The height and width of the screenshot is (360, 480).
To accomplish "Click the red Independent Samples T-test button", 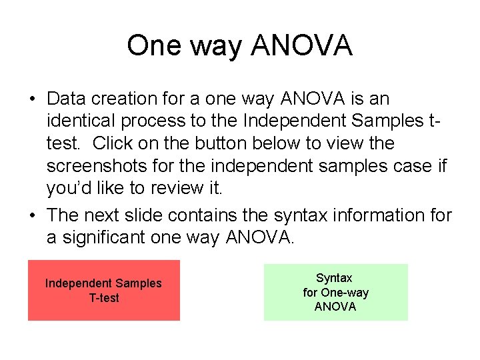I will coord(103,290).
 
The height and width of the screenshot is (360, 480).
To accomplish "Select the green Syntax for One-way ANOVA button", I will coord(335,292).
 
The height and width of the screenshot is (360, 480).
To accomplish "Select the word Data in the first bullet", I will coord(65,99).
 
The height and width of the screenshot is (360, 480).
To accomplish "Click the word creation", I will coord(119,99).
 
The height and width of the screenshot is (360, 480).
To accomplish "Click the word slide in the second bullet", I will coord(143,216).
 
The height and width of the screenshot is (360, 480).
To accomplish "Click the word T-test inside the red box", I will coord(103,298).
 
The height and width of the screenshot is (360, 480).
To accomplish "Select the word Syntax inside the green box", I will coord(334,278).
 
